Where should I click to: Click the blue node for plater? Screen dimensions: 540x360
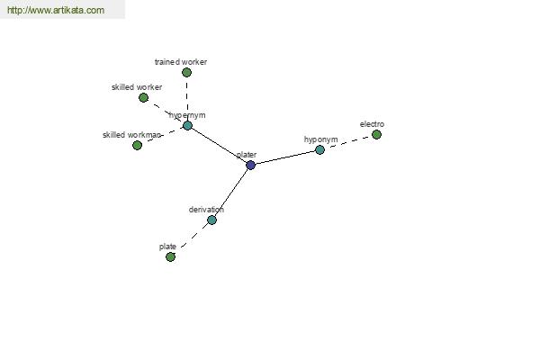pos(251,165)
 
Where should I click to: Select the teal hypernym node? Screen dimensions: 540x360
pos(187,125)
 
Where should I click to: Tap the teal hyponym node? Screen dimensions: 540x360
pos(319,150)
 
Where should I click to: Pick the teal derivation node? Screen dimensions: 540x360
pos(212,220)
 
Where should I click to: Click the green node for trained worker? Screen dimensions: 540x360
pos(186,72)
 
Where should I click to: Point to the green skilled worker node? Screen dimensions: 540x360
pos(144,98)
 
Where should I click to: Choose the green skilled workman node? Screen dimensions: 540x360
pos(138,146)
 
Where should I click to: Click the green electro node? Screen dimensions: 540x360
pos(377,134)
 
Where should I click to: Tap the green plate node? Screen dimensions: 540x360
pos(170,256)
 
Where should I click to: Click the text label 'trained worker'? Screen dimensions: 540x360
pos(181,62)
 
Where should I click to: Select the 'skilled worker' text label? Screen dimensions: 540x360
pos(137,87)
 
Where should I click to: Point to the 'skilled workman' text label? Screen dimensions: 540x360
pos(131,135)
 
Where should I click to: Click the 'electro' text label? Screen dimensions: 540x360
pos(372,124)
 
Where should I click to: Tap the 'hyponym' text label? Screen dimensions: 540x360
pos(321,139)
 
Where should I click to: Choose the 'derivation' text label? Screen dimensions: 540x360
pos(206,210)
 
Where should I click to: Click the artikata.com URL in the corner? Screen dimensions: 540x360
pos(56,10)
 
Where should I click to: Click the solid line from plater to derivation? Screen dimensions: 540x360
pos(231,193)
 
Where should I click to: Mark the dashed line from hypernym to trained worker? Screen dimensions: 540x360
pos(187,99)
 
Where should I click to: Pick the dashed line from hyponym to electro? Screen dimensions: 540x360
pos(348,142)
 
